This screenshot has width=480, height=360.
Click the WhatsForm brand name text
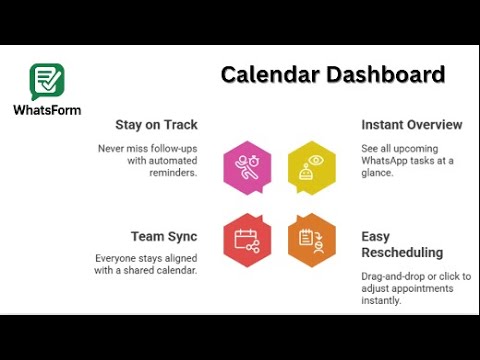(47, 109)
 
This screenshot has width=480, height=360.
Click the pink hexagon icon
(246, 166)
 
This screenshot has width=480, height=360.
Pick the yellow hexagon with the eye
(312, 166)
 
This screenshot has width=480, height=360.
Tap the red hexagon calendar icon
(246, 239)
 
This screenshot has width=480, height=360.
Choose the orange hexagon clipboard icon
(312, 239)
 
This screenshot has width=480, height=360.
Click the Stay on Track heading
(156, 125)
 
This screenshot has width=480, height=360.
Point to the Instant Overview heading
(411, 125)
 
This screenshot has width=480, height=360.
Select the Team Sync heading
(164, 237)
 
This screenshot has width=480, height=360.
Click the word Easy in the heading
(377, 237)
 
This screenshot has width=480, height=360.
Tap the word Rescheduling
(402, 253)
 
